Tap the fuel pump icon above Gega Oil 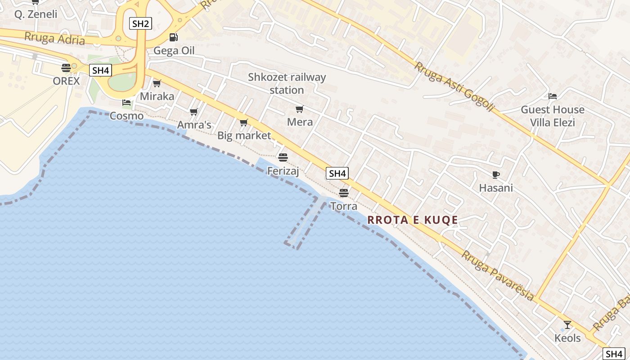pyautogui.click(x=173, y=37)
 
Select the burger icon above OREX pyautogui.click(x=66, y=68)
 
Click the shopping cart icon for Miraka pyautogui.click(x=157, y=83)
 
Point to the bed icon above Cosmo pyautogui.click(x=126, y=103)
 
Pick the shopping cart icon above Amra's pyautogui.click(x=194, y=112)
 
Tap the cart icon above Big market pyautogui.click(x=244, y=122)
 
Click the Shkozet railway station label pyautogui.click(x=287, y=84)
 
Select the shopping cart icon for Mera pyautogui.click(x=300, y=109)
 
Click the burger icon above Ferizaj pyautogui.click(x=283, y=157)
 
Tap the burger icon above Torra pyautogui.click(x=344, y=193)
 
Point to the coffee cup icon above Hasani pyautogui.click(x=496, y=175)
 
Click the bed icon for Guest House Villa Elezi pyautogui.click(x=553, y=96)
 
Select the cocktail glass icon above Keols pyautogui.click(x=567, y=324)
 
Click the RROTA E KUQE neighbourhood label pyautogui.click(x=413, y=220)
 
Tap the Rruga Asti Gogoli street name pyautogui.click(x=454, y=87)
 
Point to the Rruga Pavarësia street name pyautogui.click(x=498, y=275)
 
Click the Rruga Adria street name pyautogui.click(x=54, y=38)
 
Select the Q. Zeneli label pyautogui.click(x=36, y=14)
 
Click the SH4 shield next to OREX pyautogui.click(x=100, y=70)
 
